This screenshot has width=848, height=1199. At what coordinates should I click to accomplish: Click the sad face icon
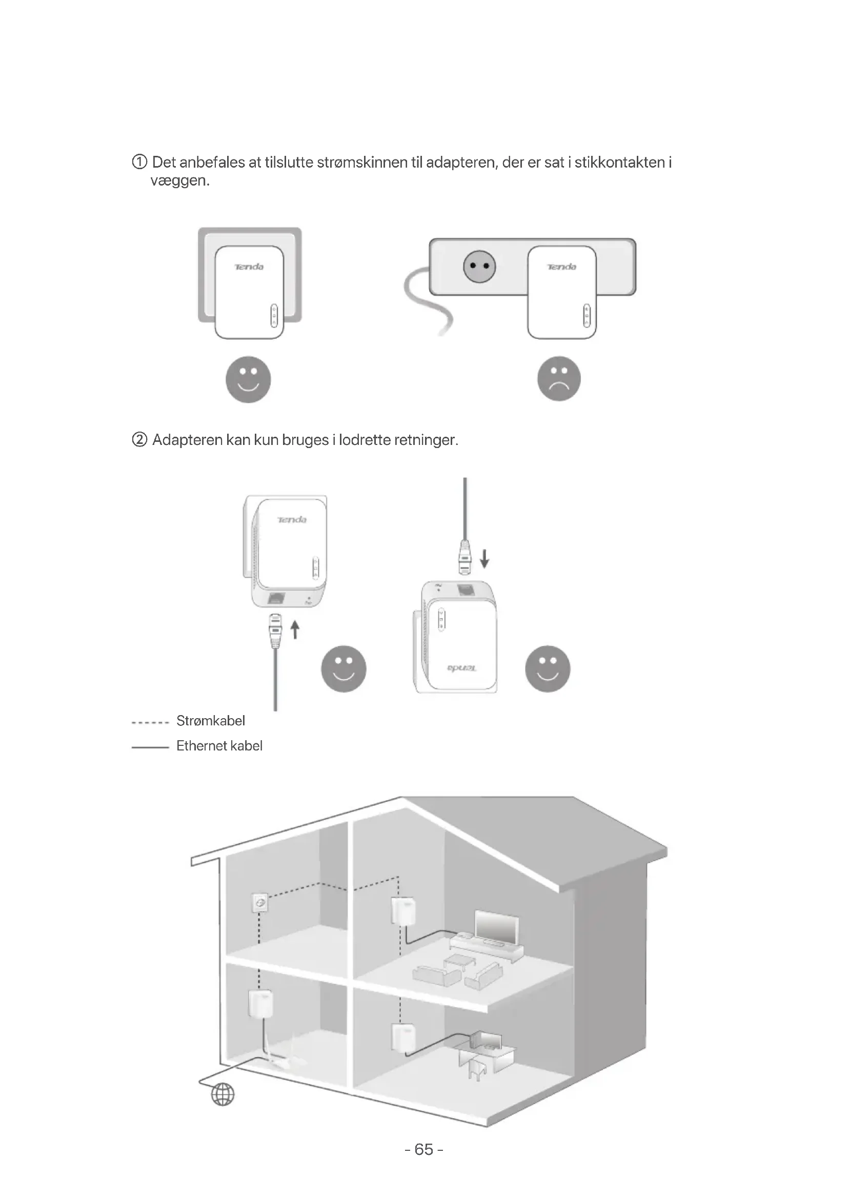[559, 379]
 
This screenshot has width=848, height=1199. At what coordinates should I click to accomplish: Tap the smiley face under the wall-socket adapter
[248, 379]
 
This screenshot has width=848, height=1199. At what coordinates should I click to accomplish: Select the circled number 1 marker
[139, 162]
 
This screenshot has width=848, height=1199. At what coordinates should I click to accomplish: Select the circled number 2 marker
[139, 440]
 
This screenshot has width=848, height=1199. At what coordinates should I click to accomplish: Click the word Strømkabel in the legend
[210, 721]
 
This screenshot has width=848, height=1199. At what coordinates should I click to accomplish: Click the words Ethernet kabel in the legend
[219, 746]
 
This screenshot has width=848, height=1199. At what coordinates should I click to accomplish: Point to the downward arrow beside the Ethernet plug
[484, 558]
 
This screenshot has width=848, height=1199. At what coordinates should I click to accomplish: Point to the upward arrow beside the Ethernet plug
[294, 629]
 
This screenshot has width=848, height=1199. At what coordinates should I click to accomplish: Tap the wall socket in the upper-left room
[259, 902]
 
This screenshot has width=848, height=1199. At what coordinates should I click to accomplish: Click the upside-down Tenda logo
[461, 668]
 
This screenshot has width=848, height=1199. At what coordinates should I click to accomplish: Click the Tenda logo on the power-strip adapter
[561, 267]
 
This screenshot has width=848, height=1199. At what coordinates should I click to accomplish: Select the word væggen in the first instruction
[179, 181]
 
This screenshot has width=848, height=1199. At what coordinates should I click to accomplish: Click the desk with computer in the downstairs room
[484, 1051]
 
